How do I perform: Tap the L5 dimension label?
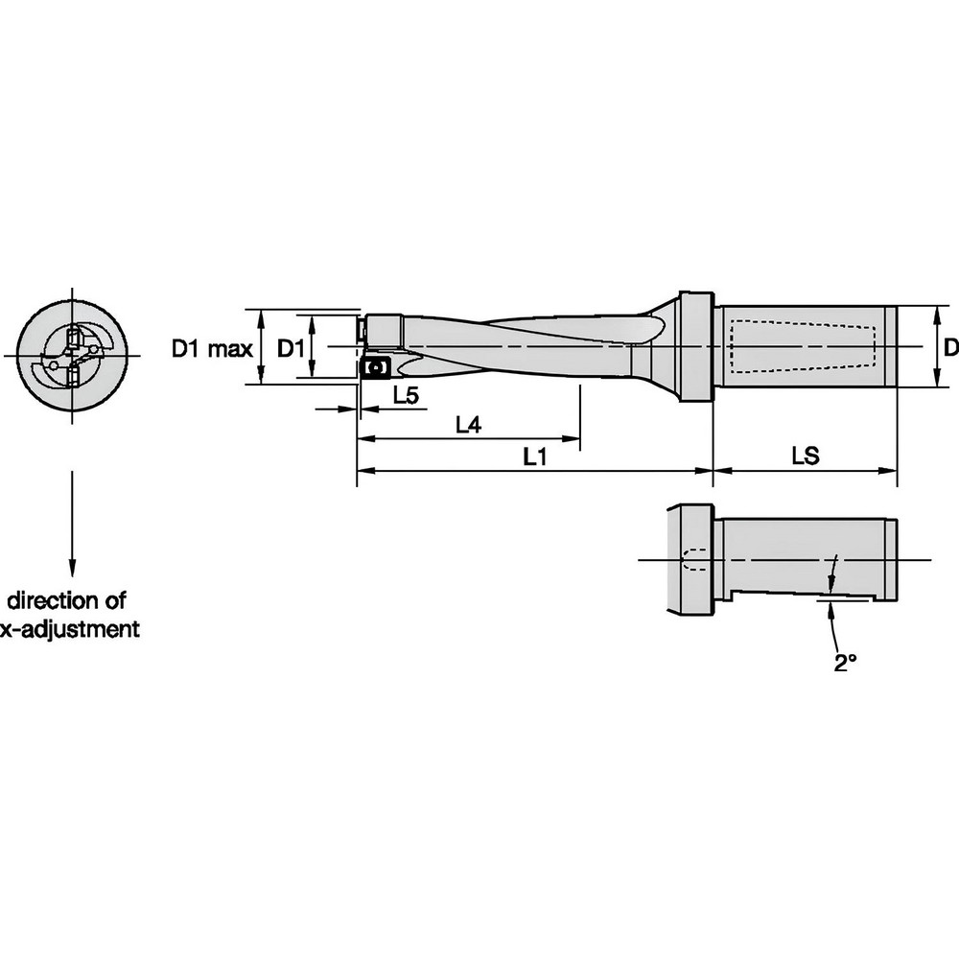tap(405, 396)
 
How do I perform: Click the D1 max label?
tap(212, 348)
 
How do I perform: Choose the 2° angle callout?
tap(843, 662)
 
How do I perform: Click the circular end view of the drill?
tap(72, 356)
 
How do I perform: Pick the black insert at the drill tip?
tap(371, 368)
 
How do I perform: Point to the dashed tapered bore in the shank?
tap(803, 346)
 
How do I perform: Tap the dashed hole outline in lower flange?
tap(694, 559)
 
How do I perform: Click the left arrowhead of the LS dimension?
tap(720, 471)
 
